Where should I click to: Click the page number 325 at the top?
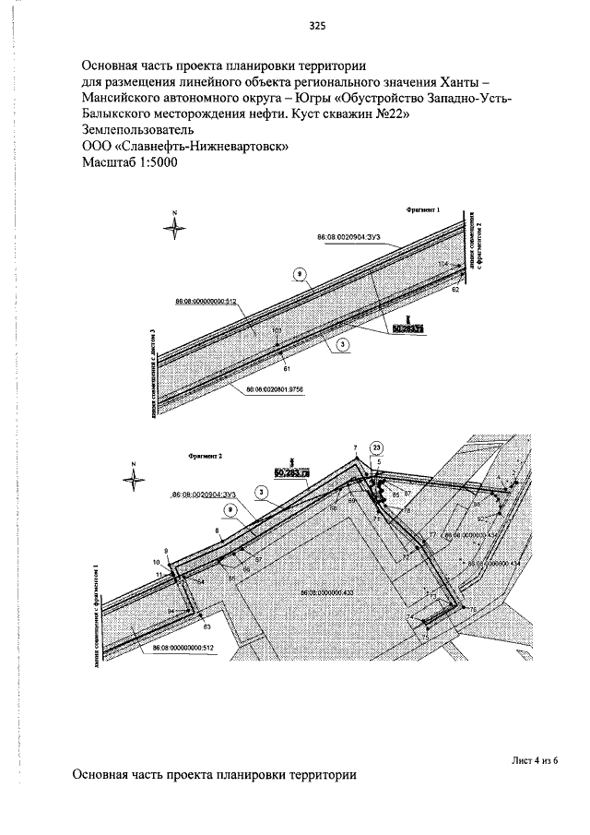[x=317, y=26]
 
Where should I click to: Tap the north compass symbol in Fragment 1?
[x=174, y=226]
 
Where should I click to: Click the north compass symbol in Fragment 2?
[x=134, y=477]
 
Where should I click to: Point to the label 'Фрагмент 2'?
[x=206, y=456]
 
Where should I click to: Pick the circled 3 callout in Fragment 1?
[x=342, y=344]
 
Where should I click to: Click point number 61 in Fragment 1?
[x=287, y=368]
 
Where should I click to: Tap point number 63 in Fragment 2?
[x=206, y=626]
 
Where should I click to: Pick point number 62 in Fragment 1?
[x=454, y=290]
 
